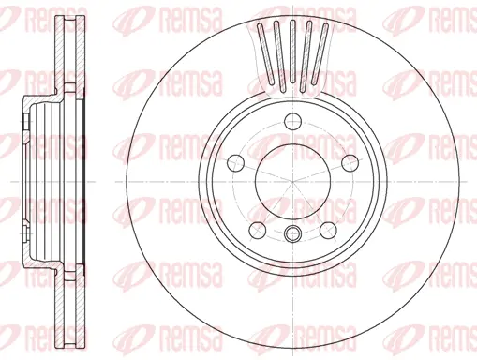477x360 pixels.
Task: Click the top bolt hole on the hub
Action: (x=292, y=119)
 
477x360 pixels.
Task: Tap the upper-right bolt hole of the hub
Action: (x=349, y=159)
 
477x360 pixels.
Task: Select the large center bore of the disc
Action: (x=292, y=178)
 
